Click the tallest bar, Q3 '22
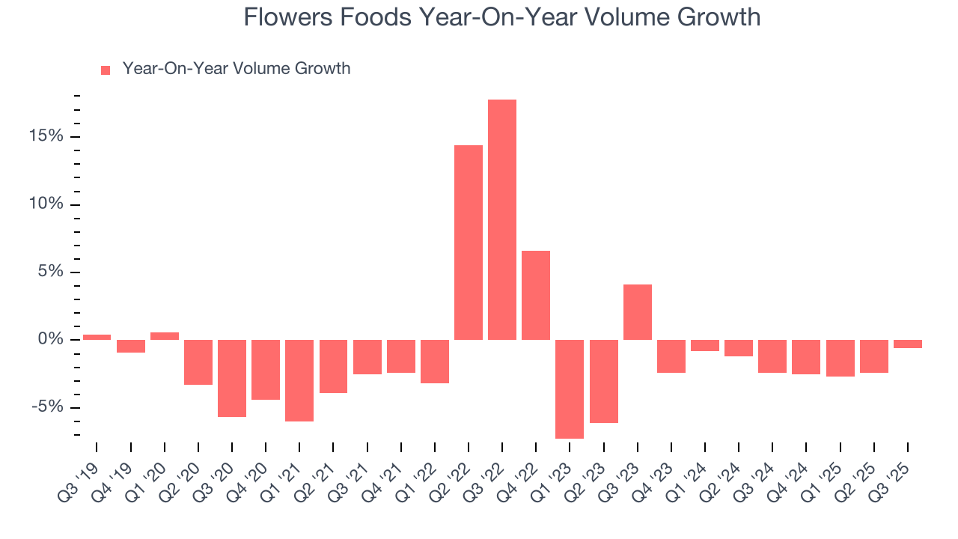502,219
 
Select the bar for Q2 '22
469,242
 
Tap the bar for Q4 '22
536,295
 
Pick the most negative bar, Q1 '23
570,389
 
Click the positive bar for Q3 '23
638,312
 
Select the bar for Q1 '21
299,380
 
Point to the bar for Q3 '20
232,378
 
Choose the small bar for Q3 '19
97,337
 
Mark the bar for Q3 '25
908,344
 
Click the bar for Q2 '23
604,381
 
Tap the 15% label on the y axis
47,137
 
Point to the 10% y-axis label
47,204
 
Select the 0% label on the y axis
51,340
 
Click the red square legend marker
106,70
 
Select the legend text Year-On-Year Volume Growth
237,69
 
